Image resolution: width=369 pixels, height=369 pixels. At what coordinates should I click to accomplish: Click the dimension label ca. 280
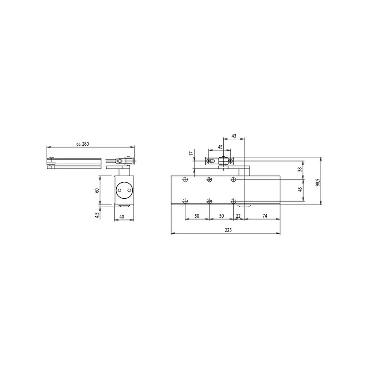tap(83, 144)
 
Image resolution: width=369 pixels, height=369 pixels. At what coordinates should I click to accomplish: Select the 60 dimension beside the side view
tap(96, 190)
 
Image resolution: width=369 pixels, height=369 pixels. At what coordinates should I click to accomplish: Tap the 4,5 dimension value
tap(97, 215)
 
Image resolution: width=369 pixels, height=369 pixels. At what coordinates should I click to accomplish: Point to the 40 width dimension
tap(122, 217)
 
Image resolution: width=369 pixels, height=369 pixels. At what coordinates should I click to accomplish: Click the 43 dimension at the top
tap(234, 136)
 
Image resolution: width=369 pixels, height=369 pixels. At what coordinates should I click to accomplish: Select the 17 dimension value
tap(191, 154)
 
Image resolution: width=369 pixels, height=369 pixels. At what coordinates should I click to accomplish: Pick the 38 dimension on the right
tap(300, 169)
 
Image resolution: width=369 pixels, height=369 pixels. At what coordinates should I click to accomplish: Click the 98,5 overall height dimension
tap(318, 182)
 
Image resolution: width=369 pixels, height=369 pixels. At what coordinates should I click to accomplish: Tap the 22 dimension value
tap(238, 216)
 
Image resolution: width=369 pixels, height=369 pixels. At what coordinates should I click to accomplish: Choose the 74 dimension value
tap(265, 216)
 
